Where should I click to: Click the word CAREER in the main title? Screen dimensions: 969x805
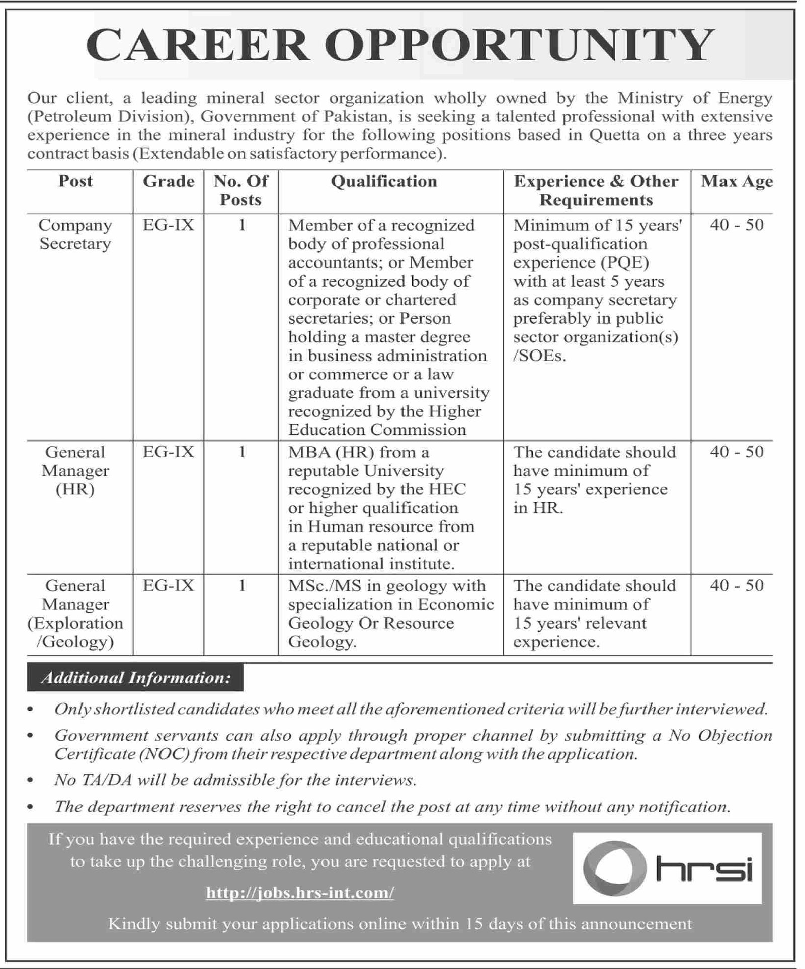tap(197, 46)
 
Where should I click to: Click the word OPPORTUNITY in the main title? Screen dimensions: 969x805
tap(519, 46)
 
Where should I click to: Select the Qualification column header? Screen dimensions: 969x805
tap(383, 182)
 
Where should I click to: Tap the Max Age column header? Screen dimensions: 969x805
tap(737, 182)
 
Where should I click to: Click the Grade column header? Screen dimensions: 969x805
tap(169, 182)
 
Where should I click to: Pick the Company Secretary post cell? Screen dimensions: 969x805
tap(75, 234)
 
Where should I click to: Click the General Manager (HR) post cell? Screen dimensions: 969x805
tap(75, 471)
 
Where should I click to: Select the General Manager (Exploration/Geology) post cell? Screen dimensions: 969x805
tap(75, 613)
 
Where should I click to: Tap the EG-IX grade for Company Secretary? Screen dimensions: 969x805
tap(169, 225)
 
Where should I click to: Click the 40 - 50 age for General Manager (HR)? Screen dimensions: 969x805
tap(737, 452)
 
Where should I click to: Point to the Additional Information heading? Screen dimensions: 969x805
tap(136, 678)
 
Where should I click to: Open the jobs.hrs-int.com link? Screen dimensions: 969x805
tap(300, 893)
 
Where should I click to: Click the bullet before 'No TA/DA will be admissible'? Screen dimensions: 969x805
tap(31, 781)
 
